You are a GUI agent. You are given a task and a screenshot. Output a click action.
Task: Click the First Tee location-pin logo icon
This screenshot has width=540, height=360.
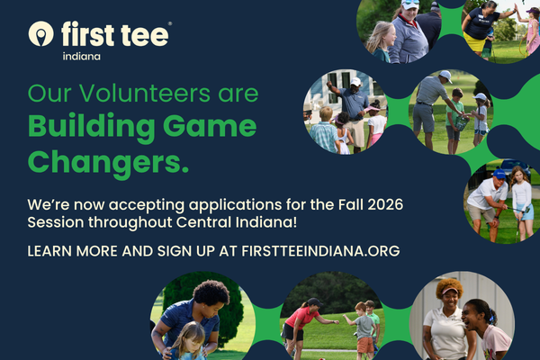41,34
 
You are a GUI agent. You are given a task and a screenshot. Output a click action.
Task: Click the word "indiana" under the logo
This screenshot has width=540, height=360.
82,57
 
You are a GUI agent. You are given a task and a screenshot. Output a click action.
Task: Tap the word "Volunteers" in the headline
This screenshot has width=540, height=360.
144,93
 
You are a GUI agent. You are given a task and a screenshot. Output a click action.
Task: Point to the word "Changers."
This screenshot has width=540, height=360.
108,163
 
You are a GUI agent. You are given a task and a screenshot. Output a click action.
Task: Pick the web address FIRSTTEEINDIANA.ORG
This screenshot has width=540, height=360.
320,251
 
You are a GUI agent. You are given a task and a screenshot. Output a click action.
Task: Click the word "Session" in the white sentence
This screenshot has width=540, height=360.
56,222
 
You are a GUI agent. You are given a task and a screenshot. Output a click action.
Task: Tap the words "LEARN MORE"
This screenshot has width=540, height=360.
73,251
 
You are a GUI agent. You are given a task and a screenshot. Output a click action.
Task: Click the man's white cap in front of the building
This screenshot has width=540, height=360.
355,82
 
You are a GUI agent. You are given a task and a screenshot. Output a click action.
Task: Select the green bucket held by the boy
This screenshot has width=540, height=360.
462,123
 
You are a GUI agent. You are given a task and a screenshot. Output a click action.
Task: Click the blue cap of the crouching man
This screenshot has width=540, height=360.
499,174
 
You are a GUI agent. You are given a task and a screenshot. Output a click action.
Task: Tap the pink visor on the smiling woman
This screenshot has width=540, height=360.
449,292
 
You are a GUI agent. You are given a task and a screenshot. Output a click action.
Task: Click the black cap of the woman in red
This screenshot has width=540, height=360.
314,302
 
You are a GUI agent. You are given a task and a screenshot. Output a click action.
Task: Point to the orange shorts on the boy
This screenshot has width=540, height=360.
365,345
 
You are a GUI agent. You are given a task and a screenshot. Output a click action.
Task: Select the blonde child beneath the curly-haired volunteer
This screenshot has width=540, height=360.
189,342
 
